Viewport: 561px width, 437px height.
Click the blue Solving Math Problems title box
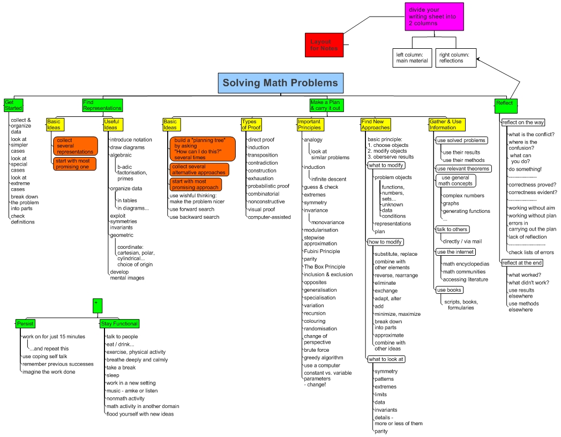coord(280,83)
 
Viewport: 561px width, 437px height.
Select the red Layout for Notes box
coord(323,45)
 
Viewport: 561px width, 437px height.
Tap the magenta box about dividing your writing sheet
coord(433,17)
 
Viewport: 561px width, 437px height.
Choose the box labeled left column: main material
coord(412,58)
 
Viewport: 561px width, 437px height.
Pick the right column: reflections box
coord(455,58)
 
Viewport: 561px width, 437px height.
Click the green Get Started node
coord(13,105)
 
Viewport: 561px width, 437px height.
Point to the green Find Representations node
coord(102,105)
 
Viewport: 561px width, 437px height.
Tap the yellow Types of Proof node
coord(252,124)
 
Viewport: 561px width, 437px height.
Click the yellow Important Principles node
coord(309,124)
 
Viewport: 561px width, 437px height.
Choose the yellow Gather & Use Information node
coord(445,124)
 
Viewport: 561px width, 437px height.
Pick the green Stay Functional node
coord(119,323)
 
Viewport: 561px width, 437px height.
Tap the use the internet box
coord(455,252)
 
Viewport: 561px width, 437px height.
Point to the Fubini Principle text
coord(321,251)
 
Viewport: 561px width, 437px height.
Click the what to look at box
coord(386,359)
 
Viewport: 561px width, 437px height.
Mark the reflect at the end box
coord(522,263)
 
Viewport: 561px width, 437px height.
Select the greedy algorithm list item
coord(323,358)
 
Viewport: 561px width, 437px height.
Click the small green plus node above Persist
coord(97,304)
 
